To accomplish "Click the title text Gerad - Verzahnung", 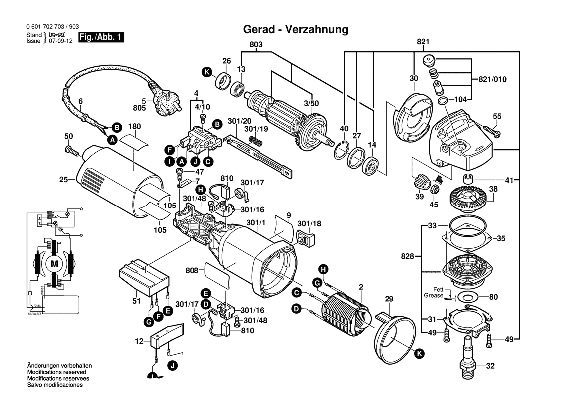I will [295, 29].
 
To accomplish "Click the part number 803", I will [256, 45].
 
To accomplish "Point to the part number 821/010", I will [492, 79].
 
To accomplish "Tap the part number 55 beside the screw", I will [497, 116].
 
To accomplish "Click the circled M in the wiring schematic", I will [54, 262].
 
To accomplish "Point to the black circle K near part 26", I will [207, 73].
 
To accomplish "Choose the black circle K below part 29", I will [419, 353].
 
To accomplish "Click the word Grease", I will [434, 296].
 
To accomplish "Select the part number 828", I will [407, 256].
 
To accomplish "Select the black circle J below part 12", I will [172, 367].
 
